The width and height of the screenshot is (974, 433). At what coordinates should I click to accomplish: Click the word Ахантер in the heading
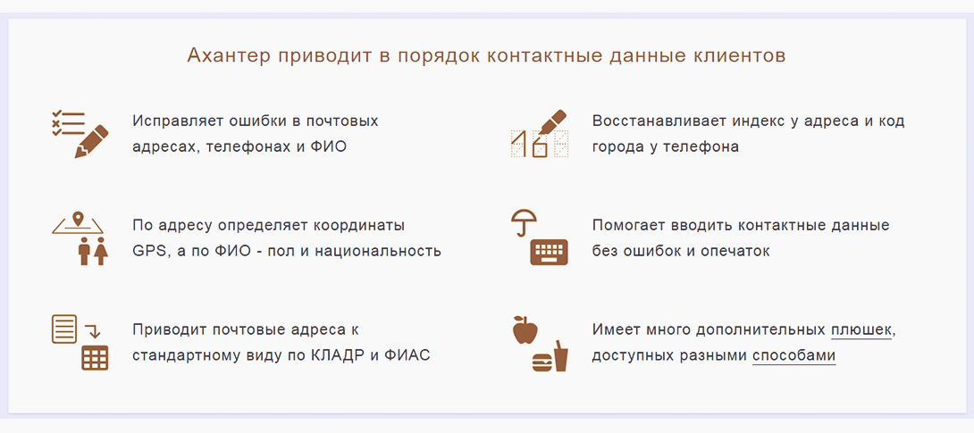[x=229, y=56]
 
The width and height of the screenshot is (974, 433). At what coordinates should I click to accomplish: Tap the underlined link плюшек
[x=861, y=329]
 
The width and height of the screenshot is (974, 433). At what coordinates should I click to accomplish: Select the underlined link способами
[x=793, y=357]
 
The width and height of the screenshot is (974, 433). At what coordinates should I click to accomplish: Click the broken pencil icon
[x=90, y=141]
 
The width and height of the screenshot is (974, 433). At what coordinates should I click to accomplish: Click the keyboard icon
[x=549, y=253]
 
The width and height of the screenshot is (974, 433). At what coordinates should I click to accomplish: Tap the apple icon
[x=525, y=329]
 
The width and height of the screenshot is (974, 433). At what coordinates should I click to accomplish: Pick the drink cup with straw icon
[x=561, y=356]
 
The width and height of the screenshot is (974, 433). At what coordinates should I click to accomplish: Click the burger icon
[x=542, y=362]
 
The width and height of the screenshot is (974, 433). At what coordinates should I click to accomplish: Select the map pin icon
[x=78, y=220]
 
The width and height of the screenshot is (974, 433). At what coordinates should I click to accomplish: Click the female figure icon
[x=101, y=251]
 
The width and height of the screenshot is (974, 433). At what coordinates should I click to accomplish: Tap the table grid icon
[x=95, y=358]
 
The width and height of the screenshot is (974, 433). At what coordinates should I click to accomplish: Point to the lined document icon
[x=64, y=329]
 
